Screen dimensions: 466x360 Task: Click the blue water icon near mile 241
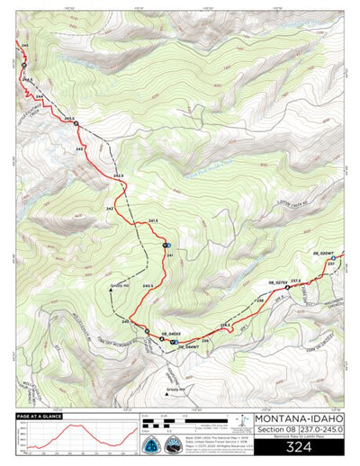pos(166,245)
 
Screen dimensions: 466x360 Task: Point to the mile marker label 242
pos(110,208)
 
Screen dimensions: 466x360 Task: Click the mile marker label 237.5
pos(294,281)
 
